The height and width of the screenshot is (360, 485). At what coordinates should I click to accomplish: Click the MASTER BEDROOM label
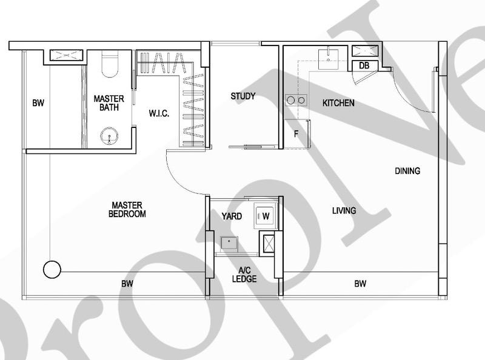point(127,209)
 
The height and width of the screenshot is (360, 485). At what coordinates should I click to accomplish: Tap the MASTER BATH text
point(109,103)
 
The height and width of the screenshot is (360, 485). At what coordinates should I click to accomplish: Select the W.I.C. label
point(159,113)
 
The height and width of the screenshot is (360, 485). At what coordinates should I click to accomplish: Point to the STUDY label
point(242,96)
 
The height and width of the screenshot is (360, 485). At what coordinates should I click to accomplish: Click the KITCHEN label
point(338,103)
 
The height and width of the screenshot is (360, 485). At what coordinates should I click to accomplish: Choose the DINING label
point(407,171)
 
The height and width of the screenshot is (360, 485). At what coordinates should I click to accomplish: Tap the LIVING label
point(344,210)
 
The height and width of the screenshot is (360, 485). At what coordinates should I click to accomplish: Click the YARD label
point(232,216)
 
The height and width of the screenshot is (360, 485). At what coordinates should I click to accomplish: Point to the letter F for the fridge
point(296,134)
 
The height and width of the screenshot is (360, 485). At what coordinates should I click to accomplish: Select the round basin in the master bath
point(110,136)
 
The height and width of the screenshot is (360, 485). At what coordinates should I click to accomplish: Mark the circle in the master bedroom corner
point(52,269)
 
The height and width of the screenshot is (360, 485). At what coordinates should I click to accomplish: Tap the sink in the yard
point(230,242)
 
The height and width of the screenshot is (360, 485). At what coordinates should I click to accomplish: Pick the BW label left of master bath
point(38,103)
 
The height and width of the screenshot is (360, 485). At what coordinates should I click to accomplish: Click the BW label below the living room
point(360,284)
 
